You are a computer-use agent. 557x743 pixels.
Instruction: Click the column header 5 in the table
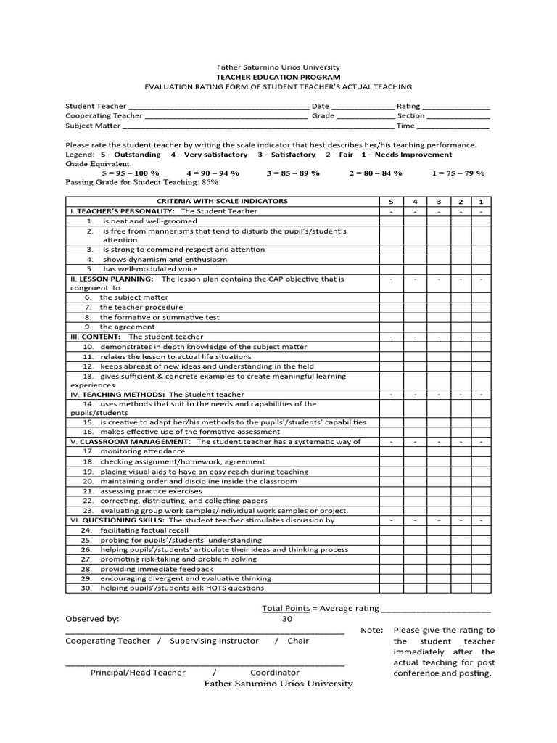[x=392, y=201]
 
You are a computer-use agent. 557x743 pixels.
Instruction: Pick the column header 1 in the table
[x=481, y=201]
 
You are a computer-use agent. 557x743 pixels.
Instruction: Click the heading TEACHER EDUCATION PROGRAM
[x=278, y=76]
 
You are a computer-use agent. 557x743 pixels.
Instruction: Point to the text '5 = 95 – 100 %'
[x=131, y=173]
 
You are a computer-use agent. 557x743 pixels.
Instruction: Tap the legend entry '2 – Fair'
[x=342, y=155]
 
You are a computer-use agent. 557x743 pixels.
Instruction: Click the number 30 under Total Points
[x=287, y=620]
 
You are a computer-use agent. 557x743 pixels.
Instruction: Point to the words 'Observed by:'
[x=92, y=620]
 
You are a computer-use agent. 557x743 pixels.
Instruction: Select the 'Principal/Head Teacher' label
[x=138, y=673]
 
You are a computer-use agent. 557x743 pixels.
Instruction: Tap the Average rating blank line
[x=436, y=609]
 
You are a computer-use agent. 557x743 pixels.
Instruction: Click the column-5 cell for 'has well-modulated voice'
[x=392, y=269]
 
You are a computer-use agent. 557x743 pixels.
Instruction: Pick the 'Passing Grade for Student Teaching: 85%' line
[x=131, y=182]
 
